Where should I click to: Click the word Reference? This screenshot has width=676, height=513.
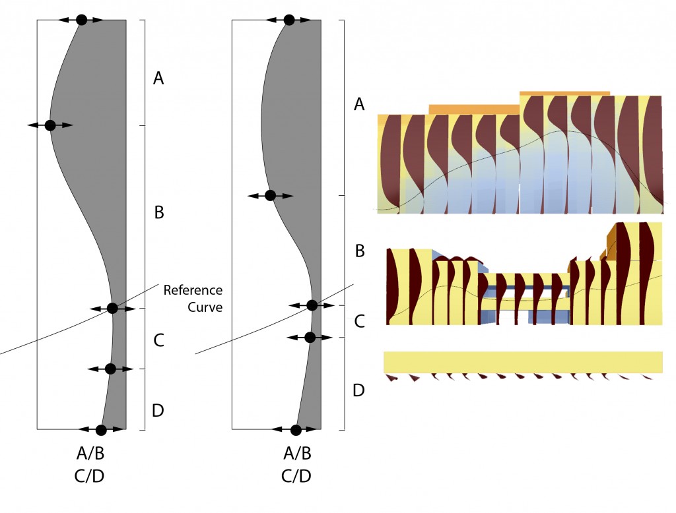[193, 290]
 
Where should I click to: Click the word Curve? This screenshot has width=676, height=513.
[204, 307]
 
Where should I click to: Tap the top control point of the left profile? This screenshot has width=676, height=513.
[81, 20]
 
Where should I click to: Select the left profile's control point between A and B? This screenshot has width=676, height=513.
[50, 125]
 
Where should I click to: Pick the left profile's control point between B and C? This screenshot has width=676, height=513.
[112, 308]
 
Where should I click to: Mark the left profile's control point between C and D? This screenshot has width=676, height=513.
[110, 369]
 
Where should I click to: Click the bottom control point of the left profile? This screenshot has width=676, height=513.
[100, 430]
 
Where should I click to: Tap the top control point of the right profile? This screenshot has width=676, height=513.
[288, 20]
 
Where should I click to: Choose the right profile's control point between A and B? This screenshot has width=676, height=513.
[269, 195]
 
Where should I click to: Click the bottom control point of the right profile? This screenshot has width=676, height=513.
[296, 430]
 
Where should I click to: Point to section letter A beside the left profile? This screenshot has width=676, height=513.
[158, 79]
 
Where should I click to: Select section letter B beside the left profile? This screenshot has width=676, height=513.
[158, 213]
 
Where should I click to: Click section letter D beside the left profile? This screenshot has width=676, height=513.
[158, 411]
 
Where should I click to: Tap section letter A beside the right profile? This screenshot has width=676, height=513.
[359, 104]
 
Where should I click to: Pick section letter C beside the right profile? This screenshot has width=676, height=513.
[359, 322]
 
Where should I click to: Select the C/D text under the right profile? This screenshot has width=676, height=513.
[296, 476]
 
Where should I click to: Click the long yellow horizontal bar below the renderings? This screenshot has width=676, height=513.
[523, 362]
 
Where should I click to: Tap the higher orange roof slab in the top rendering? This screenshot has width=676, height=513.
[564, 94]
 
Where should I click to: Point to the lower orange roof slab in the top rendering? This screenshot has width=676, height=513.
[474, 109]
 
